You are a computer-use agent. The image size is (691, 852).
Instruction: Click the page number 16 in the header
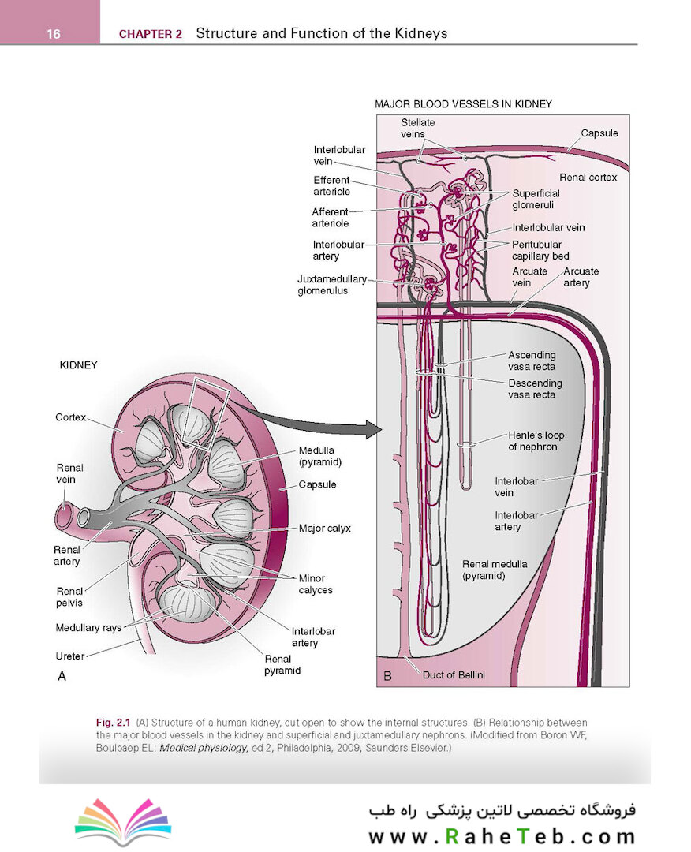click(54, 33)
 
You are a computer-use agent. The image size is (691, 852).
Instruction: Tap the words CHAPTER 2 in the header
click(150, 34)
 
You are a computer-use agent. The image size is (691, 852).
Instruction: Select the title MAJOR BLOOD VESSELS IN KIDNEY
click(463, 103)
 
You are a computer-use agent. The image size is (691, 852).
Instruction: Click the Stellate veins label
click(417, 128)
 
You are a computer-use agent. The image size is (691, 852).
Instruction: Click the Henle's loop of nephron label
click(536, 441)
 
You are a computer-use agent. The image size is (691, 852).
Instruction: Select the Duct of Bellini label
click(454, 674)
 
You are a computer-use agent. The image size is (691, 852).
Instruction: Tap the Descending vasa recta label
click(536, 389)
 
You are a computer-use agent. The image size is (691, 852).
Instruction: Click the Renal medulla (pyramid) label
click(495, 570)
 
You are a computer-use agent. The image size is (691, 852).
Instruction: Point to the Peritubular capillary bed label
click(540, 250)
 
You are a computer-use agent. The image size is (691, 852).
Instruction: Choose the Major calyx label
click(325, 529)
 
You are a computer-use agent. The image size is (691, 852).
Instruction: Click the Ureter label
click(70, 656)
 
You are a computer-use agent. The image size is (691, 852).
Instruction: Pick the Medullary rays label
click(88, 628)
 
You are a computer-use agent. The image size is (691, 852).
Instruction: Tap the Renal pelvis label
click(69, 596)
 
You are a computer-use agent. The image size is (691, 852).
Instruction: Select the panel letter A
click(62, 675)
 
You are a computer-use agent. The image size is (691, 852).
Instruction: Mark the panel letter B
click(387, 676)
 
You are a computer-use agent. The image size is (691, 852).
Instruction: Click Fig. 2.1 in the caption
click(113, 723)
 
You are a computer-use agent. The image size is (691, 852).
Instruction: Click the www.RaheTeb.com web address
click(501, 835)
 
